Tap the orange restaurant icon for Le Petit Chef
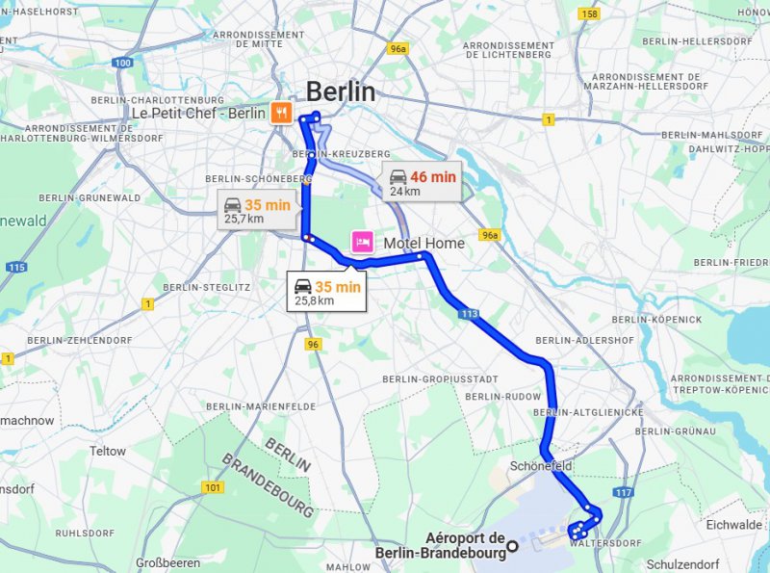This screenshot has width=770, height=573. coord(280,113)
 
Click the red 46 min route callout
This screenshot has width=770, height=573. coord(422,182)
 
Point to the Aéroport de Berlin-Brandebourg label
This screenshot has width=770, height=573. coord(465,545)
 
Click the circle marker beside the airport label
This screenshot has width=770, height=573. coord(513,546)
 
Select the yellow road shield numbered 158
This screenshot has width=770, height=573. coord(589,13)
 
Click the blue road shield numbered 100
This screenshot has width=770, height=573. coord(122,63)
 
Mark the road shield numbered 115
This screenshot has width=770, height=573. coord(14,267)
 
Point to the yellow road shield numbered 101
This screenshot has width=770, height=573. coord(212,487)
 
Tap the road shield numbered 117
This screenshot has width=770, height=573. coord(624,493)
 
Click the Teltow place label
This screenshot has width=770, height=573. coord(108,451)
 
